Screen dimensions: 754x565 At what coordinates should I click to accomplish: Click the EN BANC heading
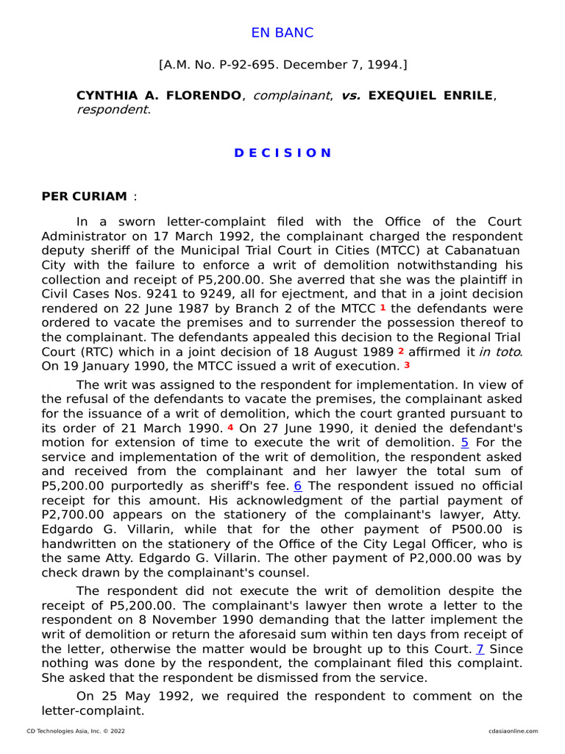pos(282,33)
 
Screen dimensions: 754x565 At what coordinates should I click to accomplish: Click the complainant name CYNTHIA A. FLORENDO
pos(158,96)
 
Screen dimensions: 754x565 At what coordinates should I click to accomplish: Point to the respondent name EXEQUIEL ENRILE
pos(430,96)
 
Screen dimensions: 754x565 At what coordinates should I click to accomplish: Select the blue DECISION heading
pos(282,153)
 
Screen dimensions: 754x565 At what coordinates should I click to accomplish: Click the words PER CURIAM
pos(84,197)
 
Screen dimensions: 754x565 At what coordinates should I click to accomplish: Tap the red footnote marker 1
pos(383,307)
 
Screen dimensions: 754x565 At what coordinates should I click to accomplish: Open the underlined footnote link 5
pos(464,443)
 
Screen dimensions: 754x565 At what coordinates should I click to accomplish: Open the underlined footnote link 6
pos(298,486)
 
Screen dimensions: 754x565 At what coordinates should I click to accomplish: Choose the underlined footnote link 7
pos(480,649)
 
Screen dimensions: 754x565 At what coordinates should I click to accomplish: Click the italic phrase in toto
pos(500,351)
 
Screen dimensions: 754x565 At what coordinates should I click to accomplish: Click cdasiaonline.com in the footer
pos(513,731)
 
